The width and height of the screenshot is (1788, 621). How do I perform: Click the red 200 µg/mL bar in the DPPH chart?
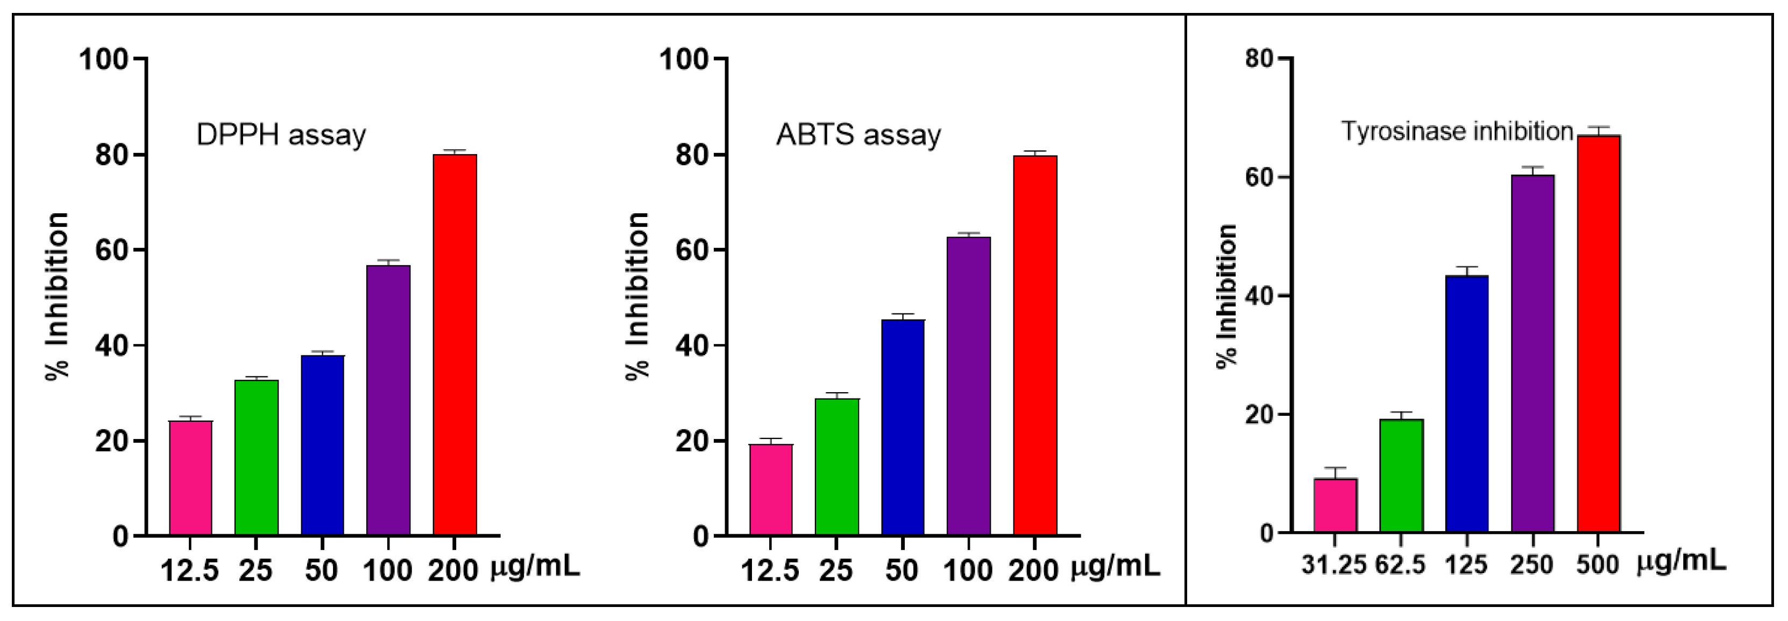[455, 344]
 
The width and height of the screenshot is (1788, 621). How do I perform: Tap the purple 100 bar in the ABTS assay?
[968, 386]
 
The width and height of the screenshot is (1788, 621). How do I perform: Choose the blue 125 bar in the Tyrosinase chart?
[1467, 403]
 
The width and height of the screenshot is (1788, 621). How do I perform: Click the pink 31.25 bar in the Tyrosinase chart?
[1335, 505]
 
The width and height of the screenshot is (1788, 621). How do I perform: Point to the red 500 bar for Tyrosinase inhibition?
[1598, 333]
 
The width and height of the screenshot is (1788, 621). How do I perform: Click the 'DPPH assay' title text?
[281, 135]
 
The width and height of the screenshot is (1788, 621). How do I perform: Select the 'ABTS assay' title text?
[858, 135]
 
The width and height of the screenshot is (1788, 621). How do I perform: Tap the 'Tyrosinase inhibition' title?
[1457, 131]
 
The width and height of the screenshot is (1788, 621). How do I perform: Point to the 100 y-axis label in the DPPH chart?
[104, 60]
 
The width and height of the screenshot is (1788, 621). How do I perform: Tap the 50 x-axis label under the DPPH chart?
[321, 570]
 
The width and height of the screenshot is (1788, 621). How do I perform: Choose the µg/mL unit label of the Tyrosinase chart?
[1681, 561]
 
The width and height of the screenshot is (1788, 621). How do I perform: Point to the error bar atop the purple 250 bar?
[1532, 170]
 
